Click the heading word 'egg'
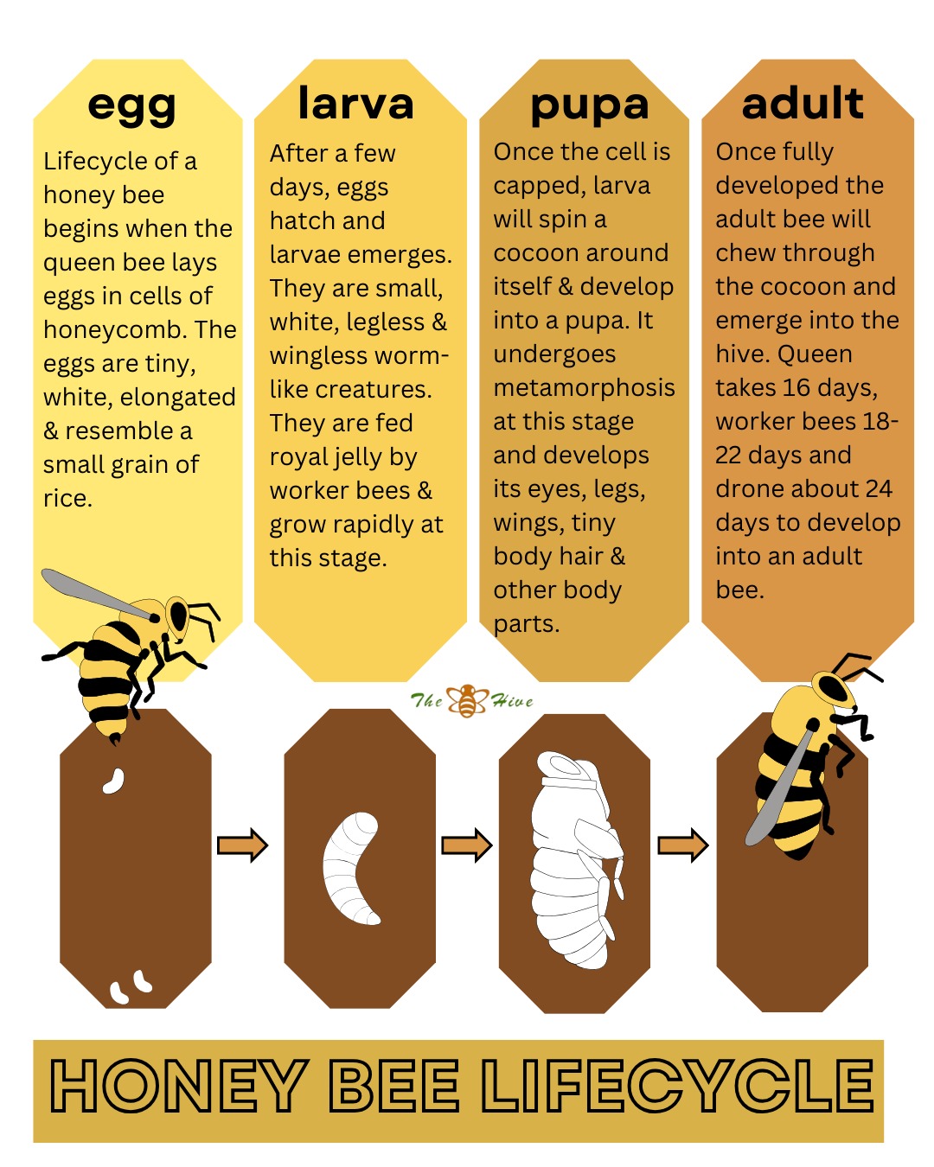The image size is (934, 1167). tap(131, 106)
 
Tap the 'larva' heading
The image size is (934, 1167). tap(355, 103)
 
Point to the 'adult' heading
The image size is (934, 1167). tap(803, 103)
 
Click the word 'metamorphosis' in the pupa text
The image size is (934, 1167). tap(584, 387)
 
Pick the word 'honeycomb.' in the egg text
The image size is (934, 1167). tap(115, 329)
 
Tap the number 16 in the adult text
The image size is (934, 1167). tap(796, 387)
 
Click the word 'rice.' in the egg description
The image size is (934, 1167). tap(67, 498)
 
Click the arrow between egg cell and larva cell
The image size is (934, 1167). tap(242, 845)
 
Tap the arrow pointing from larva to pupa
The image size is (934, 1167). tap(467, 845)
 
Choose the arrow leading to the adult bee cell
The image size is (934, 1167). tap(683, 845)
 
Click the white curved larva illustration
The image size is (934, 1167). tap(352, 867)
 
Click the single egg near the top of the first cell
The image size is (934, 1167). tap(113, 781)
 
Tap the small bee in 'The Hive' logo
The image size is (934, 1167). tap(468, 700)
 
